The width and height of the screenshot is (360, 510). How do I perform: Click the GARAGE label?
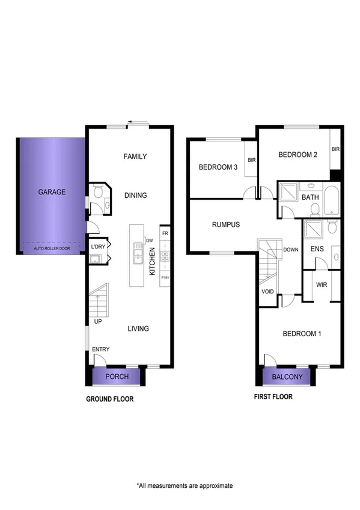click(x=52, y=192)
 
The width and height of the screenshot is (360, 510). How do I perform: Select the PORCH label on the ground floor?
click(x=117, y=377)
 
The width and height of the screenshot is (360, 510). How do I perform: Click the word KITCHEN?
click(x=153, y=263)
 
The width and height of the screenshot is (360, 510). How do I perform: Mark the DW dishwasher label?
click(x=149, y=241)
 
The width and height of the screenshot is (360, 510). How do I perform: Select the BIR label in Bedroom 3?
click(x=251, y=160)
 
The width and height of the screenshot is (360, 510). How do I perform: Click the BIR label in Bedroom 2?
click(x=336, y=149)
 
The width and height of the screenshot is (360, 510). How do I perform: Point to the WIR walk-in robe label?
click(x=321, y=284)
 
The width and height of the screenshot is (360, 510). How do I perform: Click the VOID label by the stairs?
click(x=268, y=292)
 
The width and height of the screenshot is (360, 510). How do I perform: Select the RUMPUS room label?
click(x=226, y=224)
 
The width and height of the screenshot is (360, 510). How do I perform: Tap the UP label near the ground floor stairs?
click(x=97, y=322)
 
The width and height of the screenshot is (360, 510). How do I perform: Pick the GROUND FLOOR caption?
click(x=109, y=399)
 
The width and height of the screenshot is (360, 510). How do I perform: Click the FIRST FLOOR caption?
click(x=273, y=397)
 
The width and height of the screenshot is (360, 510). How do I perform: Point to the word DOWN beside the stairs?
click(x=290, y=249)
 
